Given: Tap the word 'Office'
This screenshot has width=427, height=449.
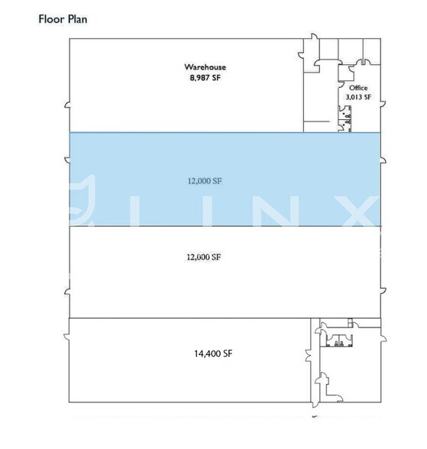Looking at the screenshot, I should [x=358, y=88].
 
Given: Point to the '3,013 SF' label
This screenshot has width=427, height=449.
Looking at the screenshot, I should [x=358, y=97].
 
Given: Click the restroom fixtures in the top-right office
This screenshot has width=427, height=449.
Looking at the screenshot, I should [x=346, y=116].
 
